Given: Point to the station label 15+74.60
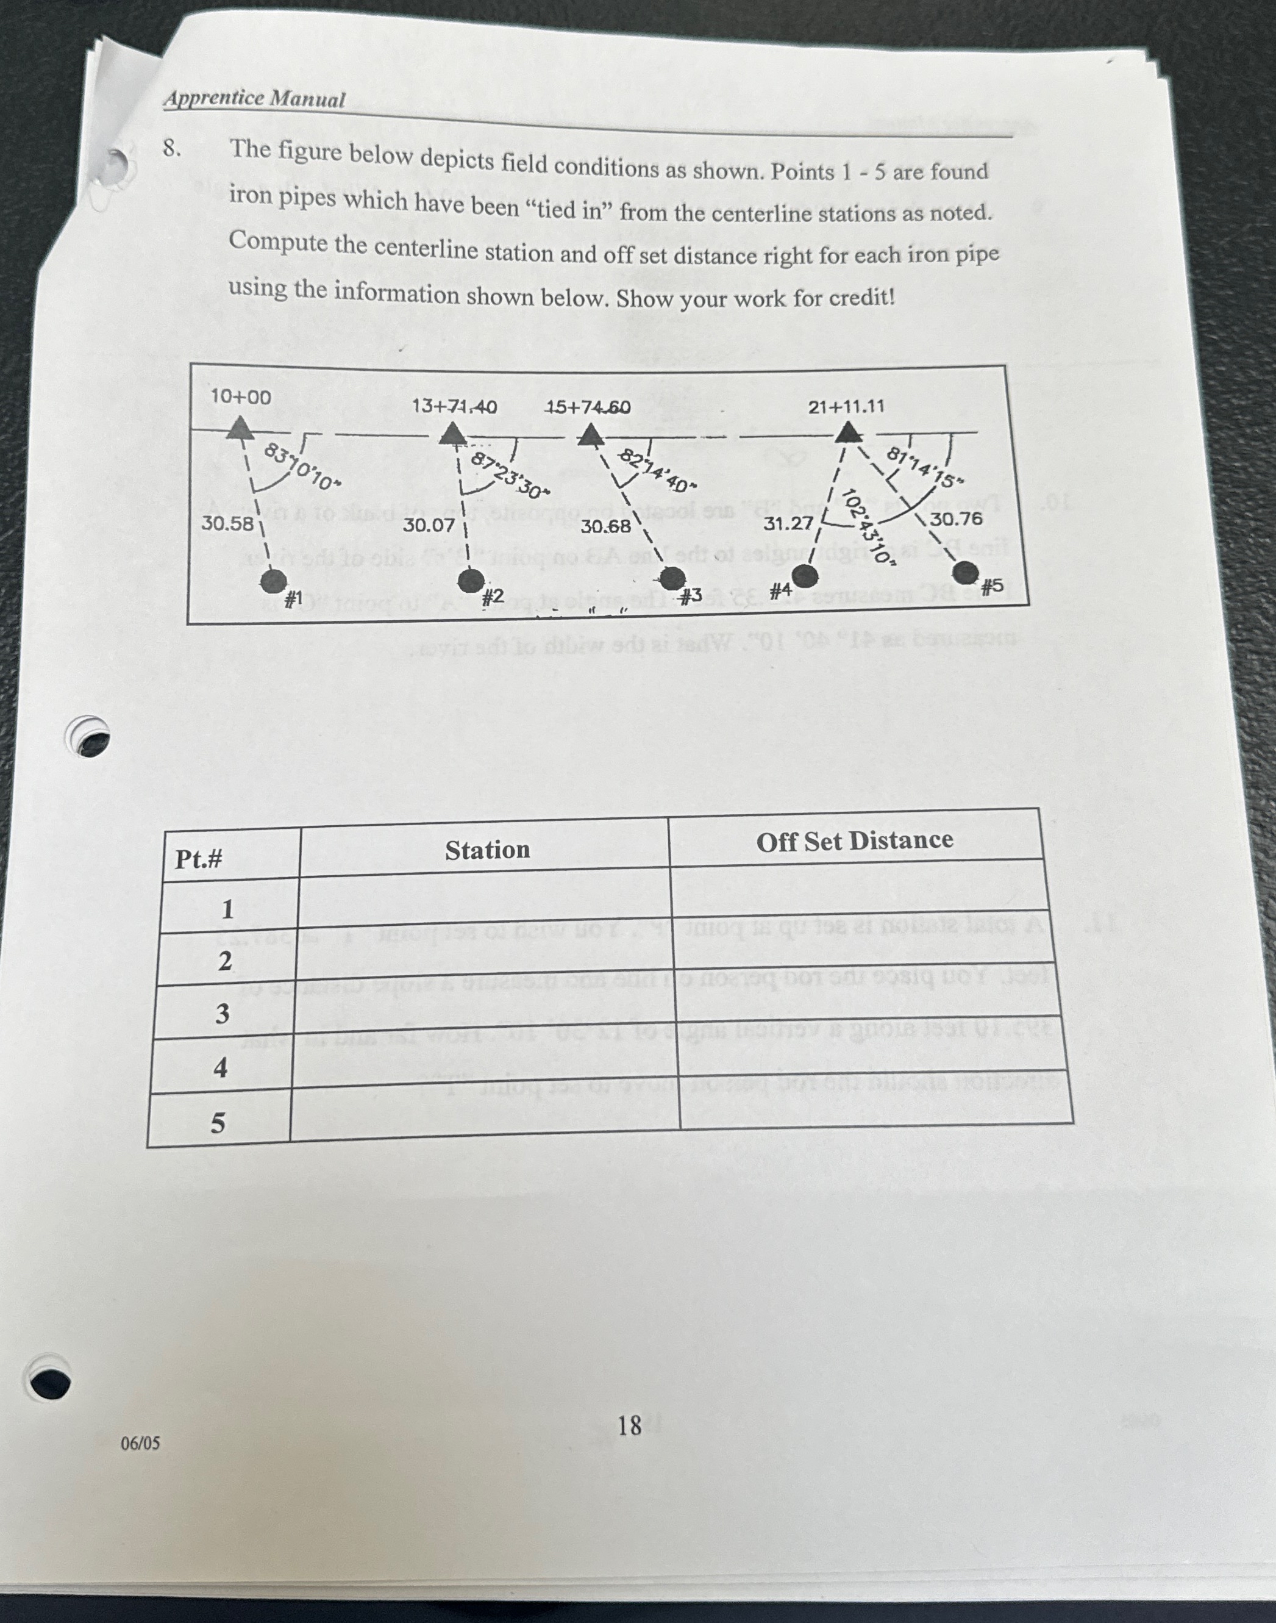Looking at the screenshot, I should (x=588, y=407).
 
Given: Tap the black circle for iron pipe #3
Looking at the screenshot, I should (x=672, y=578).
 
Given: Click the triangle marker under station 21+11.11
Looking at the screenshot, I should (x=848, y=432).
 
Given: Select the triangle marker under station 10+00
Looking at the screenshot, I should (x=239, y=428).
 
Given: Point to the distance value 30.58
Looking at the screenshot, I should (x=227, y=523).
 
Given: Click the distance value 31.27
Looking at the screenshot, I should (x=788, y=524).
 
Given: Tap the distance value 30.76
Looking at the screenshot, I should (x=957, y=518).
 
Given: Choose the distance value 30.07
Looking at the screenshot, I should (x=428, y=525).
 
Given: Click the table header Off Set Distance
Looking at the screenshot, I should (x=854, y=840).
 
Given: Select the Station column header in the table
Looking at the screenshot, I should (x=487, y=850).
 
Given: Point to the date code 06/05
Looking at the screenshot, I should (x=140, y=1443).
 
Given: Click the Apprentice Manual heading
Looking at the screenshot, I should (x=255, y=99).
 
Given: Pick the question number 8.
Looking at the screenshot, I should (x=172, y=149).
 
